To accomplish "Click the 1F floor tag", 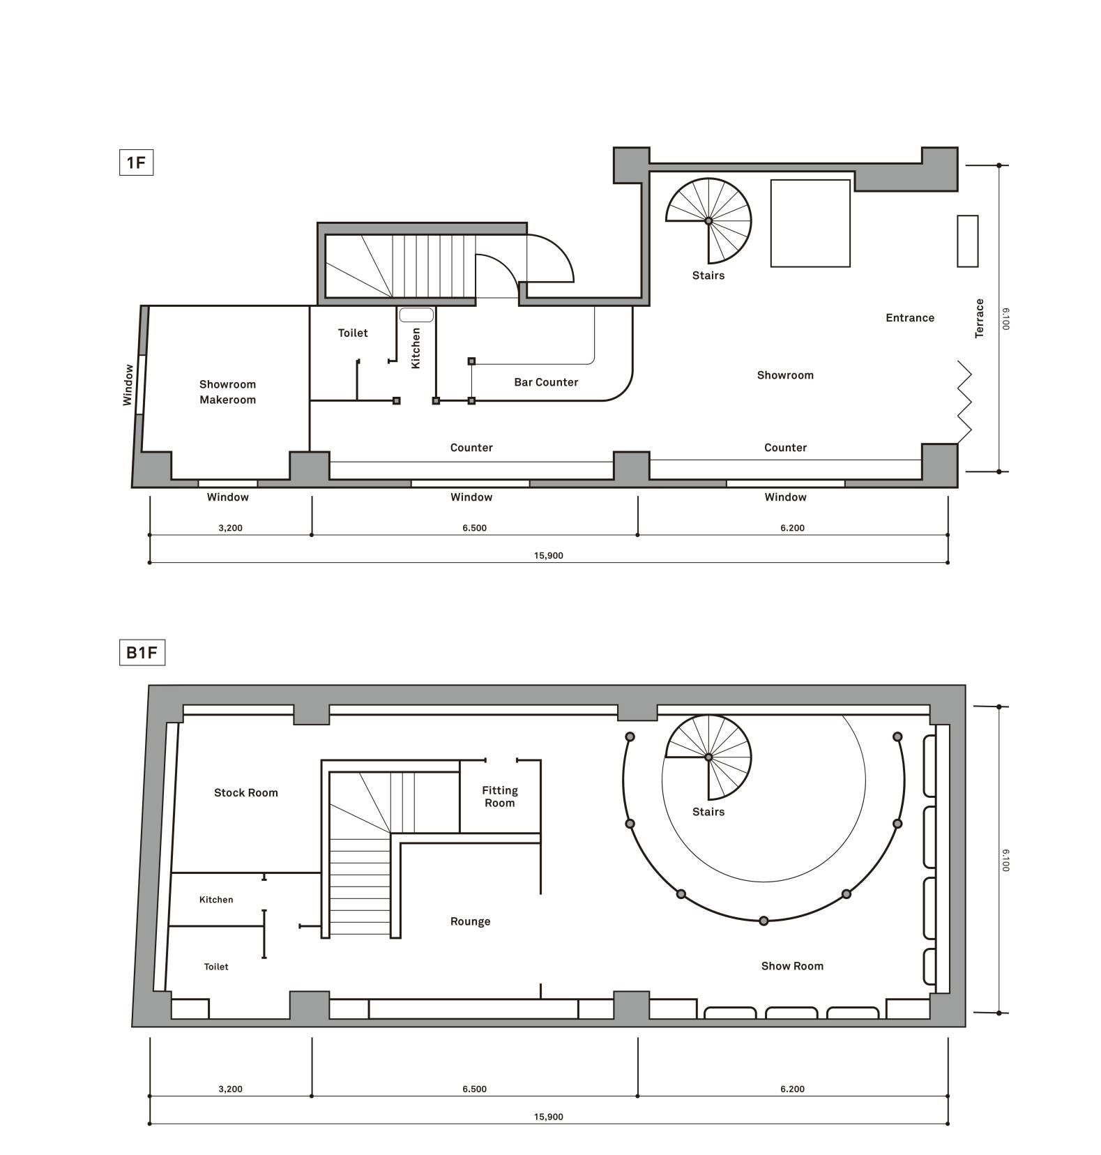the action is (x=136, y=163).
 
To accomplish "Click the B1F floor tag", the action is (x=142, y=653).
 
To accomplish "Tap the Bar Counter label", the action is (x=546, y=382).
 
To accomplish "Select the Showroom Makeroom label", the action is (x=228, y=392).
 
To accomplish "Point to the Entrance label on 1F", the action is (x=910, y=318).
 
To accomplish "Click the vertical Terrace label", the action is (x=980, y=318).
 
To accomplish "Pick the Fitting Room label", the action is (x=500, y=797).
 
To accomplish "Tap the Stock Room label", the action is (x=246, y=792).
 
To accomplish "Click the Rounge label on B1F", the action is (x=471, y=921).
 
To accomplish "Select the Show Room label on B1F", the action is (x=792, y=966).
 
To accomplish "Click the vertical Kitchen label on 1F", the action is (x=416, y=348).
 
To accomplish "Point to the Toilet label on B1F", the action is (x=216, y=967).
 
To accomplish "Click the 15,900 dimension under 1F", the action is (x=549, y=556).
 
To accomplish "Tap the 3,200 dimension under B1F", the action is (x=230, y=1089).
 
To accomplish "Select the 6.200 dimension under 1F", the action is (x=792, y=528).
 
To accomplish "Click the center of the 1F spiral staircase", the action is (x=708, y=221).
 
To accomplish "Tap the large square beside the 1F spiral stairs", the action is (x=810, y=223).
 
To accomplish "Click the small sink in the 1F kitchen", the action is (x=416, y=315).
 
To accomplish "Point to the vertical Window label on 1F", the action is (x=128, y=385).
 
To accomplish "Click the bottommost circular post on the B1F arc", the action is (x=764, y=921).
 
